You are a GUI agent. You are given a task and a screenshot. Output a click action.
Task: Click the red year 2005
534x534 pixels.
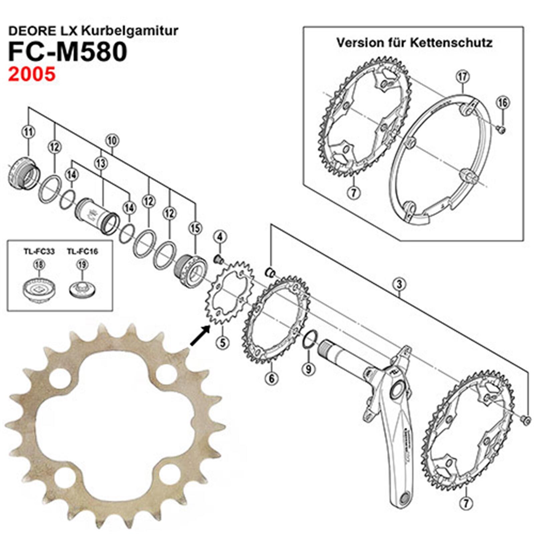[32, 74]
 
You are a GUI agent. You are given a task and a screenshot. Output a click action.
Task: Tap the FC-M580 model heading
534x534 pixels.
[68, 52]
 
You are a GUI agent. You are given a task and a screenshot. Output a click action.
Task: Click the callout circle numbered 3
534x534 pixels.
[399, 285]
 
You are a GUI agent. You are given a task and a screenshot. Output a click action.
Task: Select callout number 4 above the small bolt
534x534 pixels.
[220, 237]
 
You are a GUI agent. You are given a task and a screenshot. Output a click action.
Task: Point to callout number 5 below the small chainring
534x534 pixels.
[222, 342]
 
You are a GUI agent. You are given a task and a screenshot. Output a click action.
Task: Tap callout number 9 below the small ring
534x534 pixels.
[308, 369]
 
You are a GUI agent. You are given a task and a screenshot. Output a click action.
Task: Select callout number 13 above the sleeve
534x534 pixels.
[101, 163]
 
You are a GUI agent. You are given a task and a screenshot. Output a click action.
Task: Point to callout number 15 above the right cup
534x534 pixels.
[195, 228]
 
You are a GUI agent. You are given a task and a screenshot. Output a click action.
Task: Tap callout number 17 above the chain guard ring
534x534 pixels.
[463, 77]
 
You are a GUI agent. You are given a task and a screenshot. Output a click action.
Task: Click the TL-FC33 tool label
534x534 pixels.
[39, 251]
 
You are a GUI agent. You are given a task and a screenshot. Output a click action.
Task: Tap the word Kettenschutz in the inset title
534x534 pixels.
[451, 43]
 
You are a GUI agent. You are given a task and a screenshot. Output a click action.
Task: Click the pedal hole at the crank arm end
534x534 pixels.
[404, 498]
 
